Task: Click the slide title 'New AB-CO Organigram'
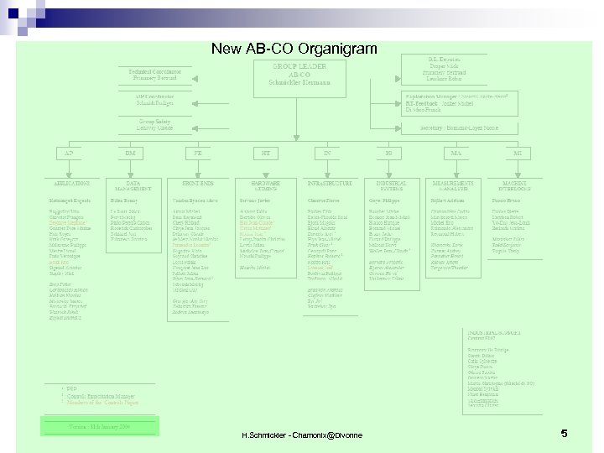coord(294,49)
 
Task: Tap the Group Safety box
coord(155,125)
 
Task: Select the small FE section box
coord(197,154)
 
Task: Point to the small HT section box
coord(265,154)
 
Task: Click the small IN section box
coord(328,154)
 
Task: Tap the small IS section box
coord(388,154)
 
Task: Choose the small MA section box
coord(456,154)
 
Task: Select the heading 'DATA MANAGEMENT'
coord(133,185)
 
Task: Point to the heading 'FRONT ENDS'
coord(197,183)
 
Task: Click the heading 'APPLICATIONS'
coord(71,183)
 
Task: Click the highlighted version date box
coord(102,426)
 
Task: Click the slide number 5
coord(565,434)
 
